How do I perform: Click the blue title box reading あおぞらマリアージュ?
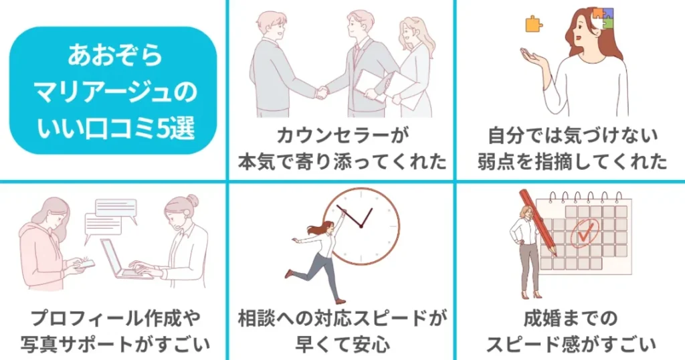pyautogui.click(x=113, y=90)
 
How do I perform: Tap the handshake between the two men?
pyautogui.click(x=322, y=92)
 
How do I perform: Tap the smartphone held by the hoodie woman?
pyautogui.click(x=86, y=264)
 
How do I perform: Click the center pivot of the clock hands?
pyautogui.click(x=361, y=226)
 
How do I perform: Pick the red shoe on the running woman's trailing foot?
pyautogui.click(x=288, y=274)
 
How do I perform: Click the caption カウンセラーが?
pyautogui.click(x=342, y=135)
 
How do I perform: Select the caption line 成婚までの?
pyautogui.click(x=571, y=318)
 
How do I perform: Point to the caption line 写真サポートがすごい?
pyautogui.click(x=115, y=344)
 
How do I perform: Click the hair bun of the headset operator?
pyautogui.click(x=192, y=201)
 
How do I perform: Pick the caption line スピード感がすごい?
pyautogui.click(x=571, y=344)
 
